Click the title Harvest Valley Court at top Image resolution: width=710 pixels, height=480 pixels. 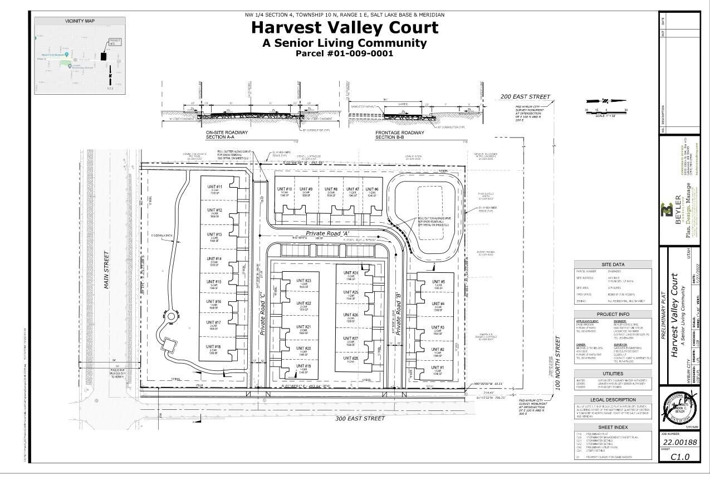point(345,27)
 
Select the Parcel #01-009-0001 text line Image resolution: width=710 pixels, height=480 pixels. point(344,53)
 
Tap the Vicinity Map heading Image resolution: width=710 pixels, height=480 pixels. point(80,21)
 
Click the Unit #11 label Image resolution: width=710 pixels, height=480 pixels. point(214,187)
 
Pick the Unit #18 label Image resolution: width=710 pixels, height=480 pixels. point(214,347)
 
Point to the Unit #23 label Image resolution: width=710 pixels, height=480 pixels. point(304,281)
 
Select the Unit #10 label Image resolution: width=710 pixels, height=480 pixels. point(285,189)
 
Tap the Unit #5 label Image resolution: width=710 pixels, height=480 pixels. point(438,282)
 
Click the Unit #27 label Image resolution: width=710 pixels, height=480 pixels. point(351,338)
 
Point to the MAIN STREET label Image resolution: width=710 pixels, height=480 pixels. point(106,270)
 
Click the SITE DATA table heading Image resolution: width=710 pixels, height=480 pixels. point(613,265)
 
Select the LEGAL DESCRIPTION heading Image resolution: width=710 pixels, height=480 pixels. point(613,400)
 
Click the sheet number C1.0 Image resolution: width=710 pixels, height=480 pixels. point(679,457)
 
